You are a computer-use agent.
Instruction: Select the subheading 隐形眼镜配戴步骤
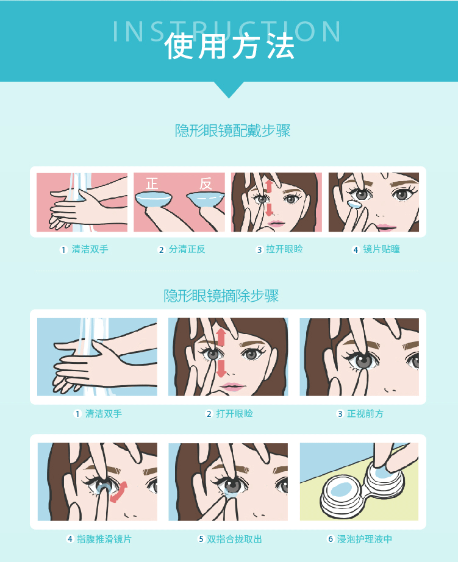[232, 130]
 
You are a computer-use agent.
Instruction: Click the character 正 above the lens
[152, 183]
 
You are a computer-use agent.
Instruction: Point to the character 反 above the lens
[206, 183]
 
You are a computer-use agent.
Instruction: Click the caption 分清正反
[187, 249]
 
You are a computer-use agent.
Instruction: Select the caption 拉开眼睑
[284, 249]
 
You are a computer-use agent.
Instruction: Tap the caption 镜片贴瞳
[381, 249]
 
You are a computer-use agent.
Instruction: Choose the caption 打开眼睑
[234, 414]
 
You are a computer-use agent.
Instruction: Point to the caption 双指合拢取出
[234, 539]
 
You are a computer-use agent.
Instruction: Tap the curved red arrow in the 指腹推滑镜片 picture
[120, 491]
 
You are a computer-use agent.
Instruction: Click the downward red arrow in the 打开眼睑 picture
[221, 368]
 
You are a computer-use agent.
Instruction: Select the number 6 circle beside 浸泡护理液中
[331, 539]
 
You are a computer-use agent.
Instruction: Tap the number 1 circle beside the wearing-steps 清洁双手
[63, 250]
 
